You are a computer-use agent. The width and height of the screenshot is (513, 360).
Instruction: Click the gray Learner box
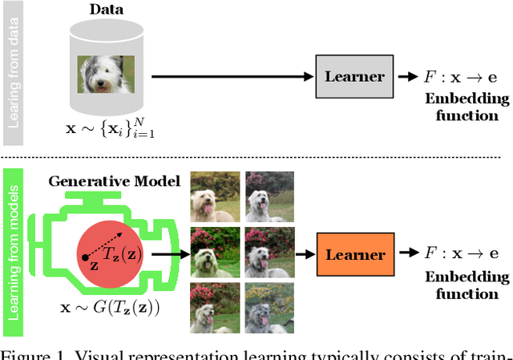[x=354, y=77]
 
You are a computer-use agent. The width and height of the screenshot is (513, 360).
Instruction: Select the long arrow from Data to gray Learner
[x=232, y=77]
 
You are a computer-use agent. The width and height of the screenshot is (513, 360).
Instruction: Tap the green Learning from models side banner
[x=13, y=251]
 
